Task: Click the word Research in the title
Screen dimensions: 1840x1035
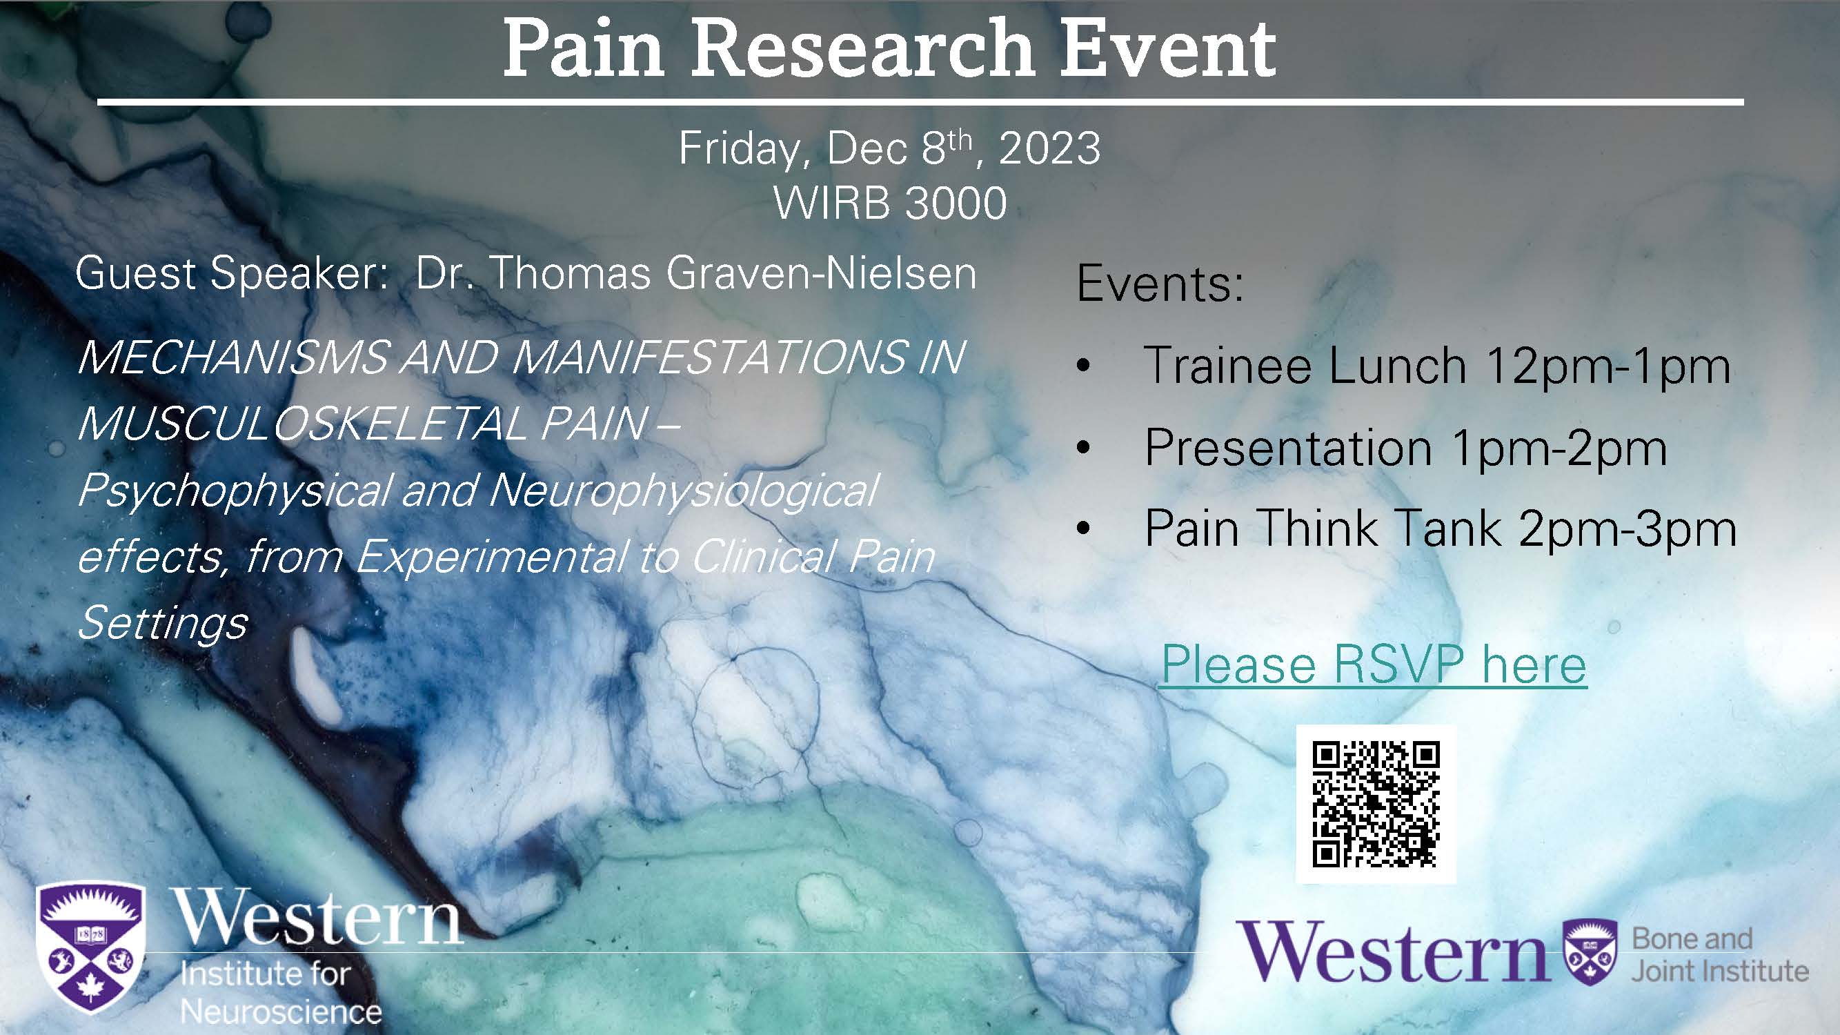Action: (863, 48)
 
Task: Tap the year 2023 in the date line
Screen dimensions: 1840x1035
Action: (1049, 148)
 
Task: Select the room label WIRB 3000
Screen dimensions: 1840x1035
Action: (890, 203)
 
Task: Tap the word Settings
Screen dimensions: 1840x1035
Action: (162, 622)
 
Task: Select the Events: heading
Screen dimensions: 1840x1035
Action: (1160, 284)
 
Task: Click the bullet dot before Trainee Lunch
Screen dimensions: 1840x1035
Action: (1084, 366)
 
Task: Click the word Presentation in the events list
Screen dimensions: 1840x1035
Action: (1288, 448)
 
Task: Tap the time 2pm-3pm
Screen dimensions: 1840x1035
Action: (1628, 529)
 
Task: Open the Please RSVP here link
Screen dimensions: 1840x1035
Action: (1373, 665)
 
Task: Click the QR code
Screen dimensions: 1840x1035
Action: (1376, 805)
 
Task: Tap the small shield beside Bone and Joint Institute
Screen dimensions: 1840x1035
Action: (1589, 953)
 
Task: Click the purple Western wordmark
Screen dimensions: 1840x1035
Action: (1394, 951)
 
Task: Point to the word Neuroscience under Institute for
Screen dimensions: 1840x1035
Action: (281, 1012)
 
